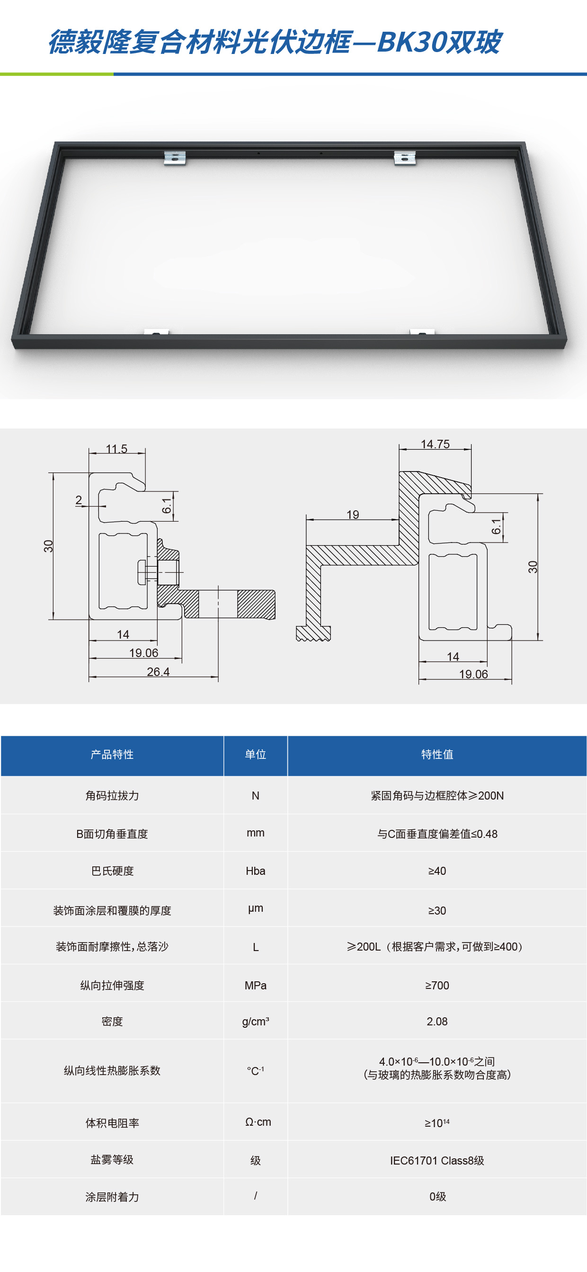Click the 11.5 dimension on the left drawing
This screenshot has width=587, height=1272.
click(x=116, y=449)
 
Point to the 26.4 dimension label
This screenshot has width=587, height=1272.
click(x=158, y=672)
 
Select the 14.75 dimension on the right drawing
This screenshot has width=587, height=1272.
click(x=435, y=444)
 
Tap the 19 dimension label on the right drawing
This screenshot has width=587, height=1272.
click(x=353, y=515)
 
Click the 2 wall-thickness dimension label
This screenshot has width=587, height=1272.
click(x=79, y=500)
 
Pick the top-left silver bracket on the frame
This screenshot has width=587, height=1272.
click(x=175, y=158)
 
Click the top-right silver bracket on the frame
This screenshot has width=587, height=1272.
click(x=405, y=158)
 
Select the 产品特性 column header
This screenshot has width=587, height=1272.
click(x=112, y=755)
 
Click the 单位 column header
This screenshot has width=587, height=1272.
click(x=255, y=755)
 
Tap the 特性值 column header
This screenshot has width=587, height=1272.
click(x=437, y=755)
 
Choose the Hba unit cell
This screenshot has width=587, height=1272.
click(x=255, y=871)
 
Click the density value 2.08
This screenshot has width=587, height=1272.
click(x=437, y=1021)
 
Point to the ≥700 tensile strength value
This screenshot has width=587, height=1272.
click(x=437, y=985)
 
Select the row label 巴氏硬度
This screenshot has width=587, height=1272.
click(x=112, y=871)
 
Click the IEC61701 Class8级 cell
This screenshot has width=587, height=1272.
click(x=437, y=1160)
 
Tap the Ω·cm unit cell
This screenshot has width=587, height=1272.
click(x=258, y=1122)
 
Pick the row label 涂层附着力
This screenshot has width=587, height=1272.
click(x=112, y=1197)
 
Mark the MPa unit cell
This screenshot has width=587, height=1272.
click(x=255, y=986)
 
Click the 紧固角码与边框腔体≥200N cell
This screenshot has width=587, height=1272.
click(x=437, y=795)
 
